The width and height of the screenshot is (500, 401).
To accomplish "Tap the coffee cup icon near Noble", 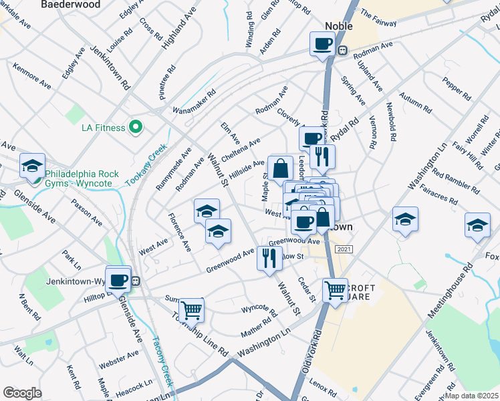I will click(322, 45).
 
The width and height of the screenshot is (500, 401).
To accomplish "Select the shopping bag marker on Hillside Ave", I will click(281, 168).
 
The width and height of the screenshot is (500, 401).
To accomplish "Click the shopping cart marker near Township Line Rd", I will click(191, 309).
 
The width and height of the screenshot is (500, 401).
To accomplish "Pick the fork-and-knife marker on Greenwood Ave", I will click(269, 258).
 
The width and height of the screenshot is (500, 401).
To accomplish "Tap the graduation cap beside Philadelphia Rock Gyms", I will click(32, 166).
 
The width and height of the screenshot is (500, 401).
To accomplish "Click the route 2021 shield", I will click(343, 249).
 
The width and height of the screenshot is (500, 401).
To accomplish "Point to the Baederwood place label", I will click(71, 5).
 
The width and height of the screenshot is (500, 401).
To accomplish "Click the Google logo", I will click(22, 392).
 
